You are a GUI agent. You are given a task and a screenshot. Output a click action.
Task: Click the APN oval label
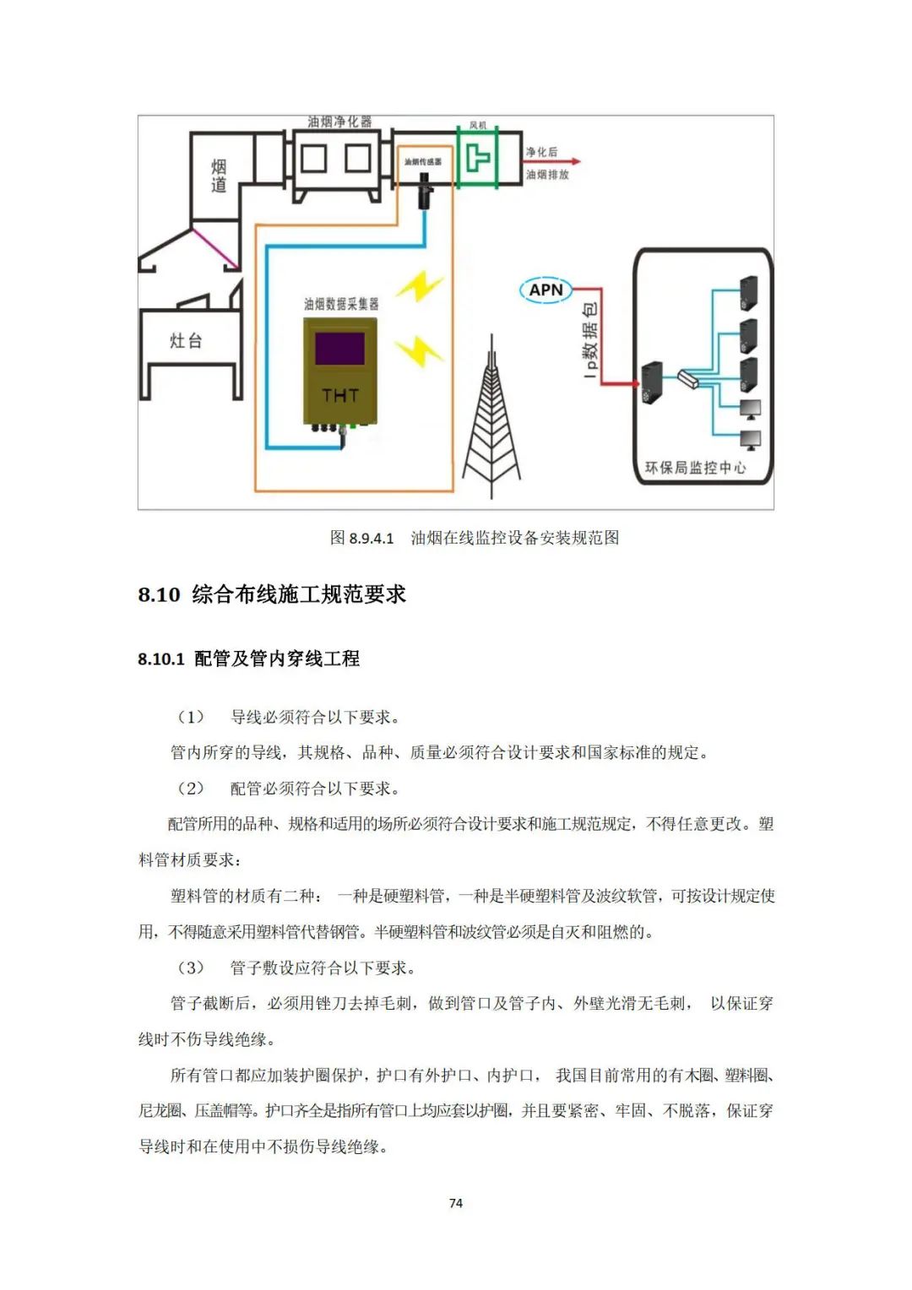coord(546,290)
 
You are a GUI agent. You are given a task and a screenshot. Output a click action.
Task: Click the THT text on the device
coord(339,395)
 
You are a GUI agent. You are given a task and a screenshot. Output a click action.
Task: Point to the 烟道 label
coord(218,176)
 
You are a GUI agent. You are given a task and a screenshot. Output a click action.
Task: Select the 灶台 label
coord(186,341)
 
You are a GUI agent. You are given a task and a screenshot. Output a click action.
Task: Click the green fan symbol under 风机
coord(477,158)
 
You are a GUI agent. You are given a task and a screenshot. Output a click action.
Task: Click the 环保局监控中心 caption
coord(695,468)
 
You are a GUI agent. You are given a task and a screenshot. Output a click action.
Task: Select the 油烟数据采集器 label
coord(341,304)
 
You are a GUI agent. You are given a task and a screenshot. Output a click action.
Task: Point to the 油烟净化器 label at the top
coord(339,122)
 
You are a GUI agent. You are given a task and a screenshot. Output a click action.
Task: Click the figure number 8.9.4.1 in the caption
coord(372,539)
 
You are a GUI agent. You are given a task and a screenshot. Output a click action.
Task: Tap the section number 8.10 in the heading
coord(159,594)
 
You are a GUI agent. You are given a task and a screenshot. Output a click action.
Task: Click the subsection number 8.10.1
coord(161,659)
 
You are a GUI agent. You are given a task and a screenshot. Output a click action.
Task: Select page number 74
coord(456,1203)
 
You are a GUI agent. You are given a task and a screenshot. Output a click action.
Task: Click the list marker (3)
coord(190,967)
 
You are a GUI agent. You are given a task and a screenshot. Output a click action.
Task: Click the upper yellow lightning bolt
coord(420,286)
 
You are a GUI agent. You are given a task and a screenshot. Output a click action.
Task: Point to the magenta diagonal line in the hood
coord(215,247)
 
